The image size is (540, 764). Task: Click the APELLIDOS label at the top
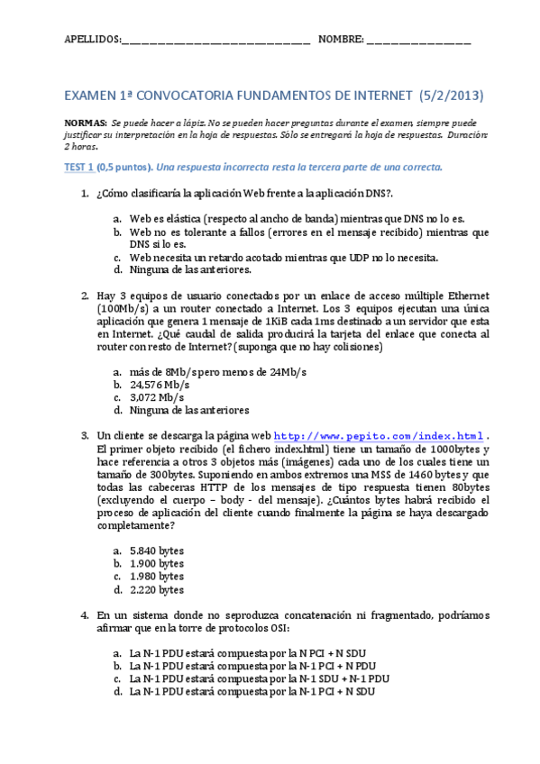pyautogui.click(x=92, y=40)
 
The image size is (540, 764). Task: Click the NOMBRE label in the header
pyautogui.click(x=342, y=40)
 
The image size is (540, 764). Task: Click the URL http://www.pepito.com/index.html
pyautogui.click(x=379, y=434)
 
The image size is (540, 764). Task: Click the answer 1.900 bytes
pyautogui.click(x=156, y=563)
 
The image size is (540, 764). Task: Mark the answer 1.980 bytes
pyautogui.click(x=156, y=577)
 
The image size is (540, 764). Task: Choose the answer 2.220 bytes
pyautogui.click(x=156, y=590)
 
